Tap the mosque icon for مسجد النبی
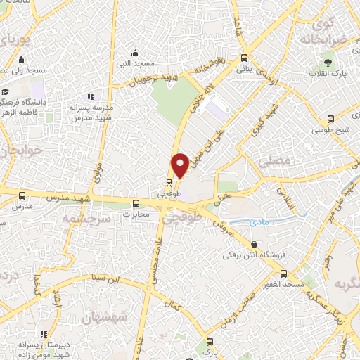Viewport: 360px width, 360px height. click(136, 53)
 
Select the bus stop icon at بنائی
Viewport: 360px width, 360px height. click(244, 58)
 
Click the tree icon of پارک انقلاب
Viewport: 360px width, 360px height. click(312, 73)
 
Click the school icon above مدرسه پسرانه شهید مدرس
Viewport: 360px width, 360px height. click(90, 96)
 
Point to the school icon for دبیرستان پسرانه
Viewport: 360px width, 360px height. click(44, 334)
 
